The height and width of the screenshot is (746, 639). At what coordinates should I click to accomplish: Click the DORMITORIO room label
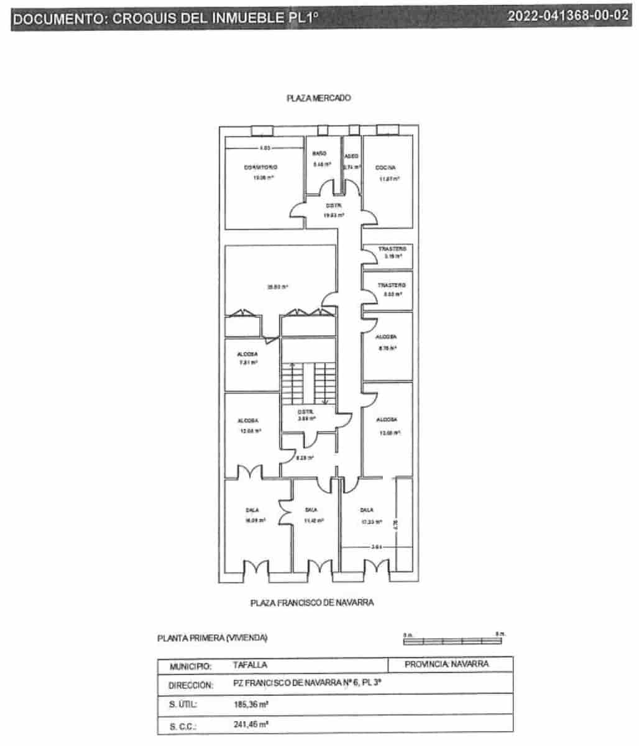(260, 167)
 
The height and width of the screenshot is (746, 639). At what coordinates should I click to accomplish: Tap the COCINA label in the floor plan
(385, 168)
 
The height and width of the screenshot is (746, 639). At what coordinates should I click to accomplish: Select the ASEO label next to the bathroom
(352, 156)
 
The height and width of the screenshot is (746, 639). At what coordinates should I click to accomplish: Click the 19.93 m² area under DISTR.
(333, 215)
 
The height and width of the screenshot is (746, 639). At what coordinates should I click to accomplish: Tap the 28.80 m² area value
(277, 287)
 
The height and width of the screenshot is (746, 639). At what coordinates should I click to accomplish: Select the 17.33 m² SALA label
(367, 510)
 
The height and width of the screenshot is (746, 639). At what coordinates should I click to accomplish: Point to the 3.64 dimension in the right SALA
(375, 547)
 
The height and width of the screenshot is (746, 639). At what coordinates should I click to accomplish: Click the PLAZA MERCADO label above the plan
(318, 98)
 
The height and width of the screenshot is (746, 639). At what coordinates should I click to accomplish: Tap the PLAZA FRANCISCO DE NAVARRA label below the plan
(312, 602)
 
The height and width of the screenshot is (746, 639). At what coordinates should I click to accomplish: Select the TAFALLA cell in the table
(250, 665)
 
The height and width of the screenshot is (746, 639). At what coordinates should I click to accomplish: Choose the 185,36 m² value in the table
(251, 705)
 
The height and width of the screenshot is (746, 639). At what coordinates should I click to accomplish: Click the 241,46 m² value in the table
(251, 724)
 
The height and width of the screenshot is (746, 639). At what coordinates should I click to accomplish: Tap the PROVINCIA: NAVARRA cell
(446, 664)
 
